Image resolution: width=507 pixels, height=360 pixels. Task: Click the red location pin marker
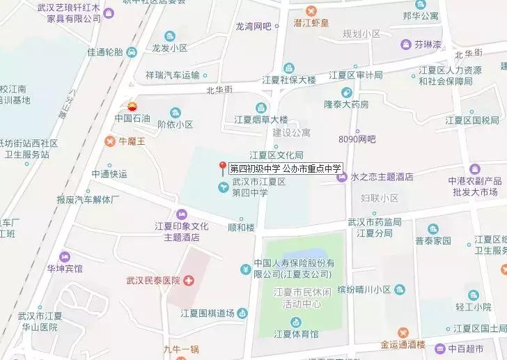[x=223, y=167]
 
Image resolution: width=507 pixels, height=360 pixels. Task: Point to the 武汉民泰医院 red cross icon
[x=189, y=281]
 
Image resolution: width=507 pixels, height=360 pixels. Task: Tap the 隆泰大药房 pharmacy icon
[x=346, y=93]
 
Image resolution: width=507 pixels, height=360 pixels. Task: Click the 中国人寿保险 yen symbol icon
[x=245, y=269]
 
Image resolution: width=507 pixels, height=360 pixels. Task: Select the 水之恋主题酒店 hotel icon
[x=342, y=177]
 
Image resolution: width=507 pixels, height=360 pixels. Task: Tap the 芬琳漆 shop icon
[x=405, y=45]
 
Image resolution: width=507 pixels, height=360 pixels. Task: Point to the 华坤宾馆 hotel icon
[x=65, y=256]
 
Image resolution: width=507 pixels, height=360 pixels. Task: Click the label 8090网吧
[x=357, y=139]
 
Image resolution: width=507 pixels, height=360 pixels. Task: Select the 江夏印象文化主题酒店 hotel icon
[x=182, y=214]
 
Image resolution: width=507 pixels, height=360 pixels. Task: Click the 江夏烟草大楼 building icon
[x=260, y=107]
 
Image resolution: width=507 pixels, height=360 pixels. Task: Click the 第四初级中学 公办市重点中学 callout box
[x=286, y=168]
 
